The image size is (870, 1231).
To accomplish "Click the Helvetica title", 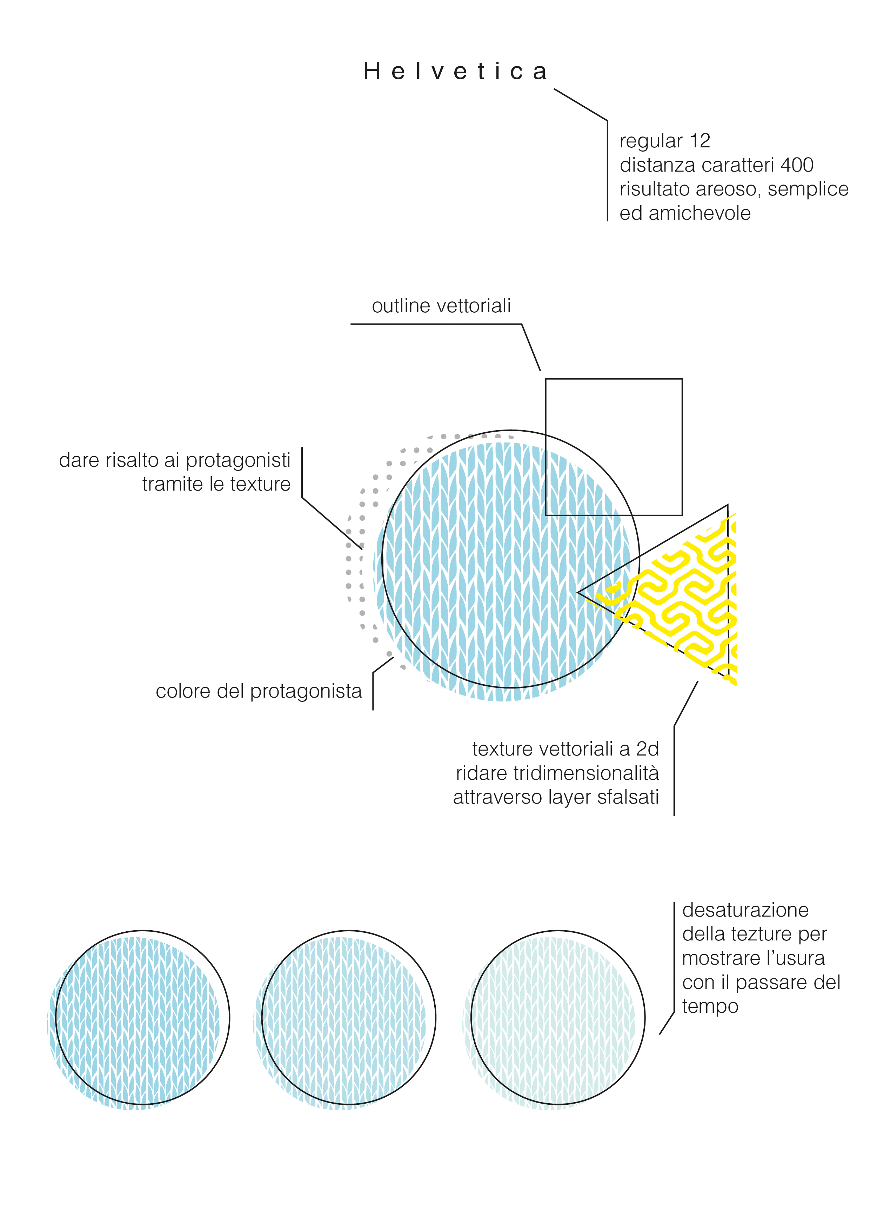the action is click(x=455, y=71).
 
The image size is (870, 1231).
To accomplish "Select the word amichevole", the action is click(x=700, y=213).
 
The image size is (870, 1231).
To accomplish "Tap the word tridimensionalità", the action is click(x=586, y=773).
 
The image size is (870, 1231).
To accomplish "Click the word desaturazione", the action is click(x=745, y=910).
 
